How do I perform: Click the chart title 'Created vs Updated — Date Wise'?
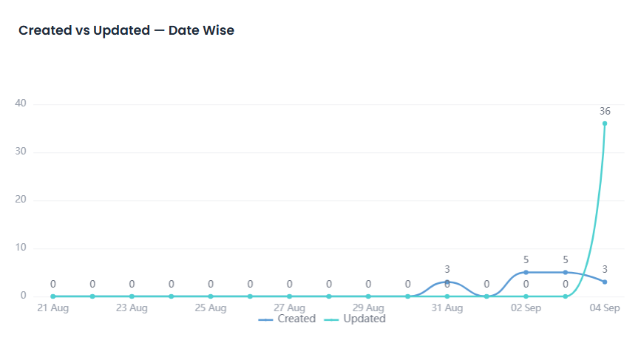(x=126, y=30)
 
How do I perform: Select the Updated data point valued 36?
(x=605, y=123)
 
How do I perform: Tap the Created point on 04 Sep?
(x=605, y=282)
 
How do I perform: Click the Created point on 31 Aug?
(x=447, y=282)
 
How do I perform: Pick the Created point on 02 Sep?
(x=526, y=272)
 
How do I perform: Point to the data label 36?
(x=605, y=111)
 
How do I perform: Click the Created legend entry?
(x=287, y=319)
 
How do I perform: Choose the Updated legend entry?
(x=355, y=319)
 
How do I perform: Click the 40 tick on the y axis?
(x=21, y=103)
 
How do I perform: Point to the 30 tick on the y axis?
(x=21, y=152)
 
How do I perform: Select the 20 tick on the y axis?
(x=21, y=199)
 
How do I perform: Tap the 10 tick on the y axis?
(x=21, y=247)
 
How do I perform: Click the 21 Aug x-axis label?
(x=53, y=308)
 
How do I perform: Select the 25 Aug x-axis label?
(x=211, y=308)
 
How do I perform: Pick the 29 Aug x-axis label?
(x=368, y=308)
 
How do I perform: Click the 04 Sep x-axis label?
(x=605, y=308)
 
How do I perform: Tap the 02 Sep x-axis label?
(x=526, y=308)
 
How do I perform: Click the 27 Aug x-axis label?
(x=289, y=308)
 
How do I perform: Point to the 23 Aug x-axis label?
(x=132, y=308)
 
